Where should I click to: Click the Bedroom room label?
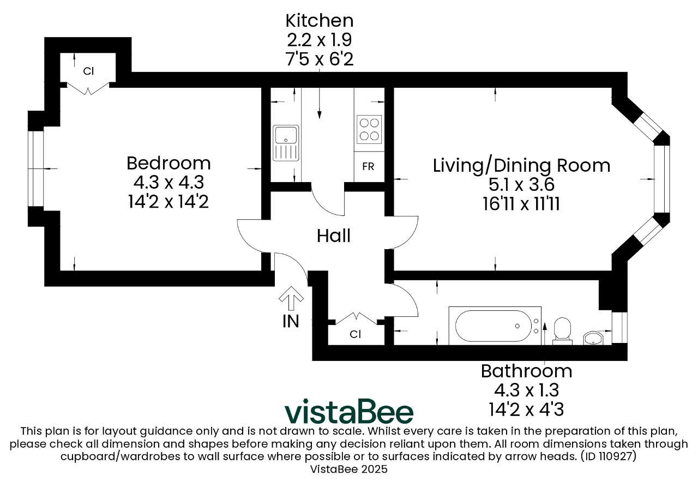pos(169,163)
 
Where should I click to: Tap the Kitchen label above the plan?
pos(320,21)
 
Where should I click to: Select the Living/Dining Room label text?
pos(521,166)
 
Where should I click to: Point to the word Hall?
pos(334,236)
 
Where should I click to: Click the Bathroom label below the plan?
pos(527,371)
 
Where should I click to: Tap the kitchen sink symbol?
pos(286,143)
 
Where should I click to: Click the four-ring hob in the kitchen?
pos(369,130)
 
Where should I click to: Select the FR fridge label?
pos(368,167)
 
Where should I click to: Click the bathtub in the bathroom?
pos(495,326)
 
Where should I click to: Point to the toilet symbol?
pos(562,331)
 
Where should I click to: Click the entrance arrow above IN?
pos(291,298)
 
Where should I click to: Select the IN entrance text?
pos(291,321)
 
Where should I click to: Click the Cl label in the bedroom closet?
pos(88,71)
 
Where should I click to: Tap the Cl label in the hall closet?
pos(355,334)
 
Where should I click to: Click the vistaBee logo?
pos(349,411)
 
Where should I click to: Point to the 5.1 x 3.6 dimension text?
pos(521,184)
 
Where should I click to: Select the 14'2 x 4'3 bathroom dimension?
pos(526,409)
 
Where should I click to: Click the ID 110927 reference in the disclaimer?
pos(608,456)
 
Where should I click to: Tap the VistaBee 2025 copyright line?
pos(348,469)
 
